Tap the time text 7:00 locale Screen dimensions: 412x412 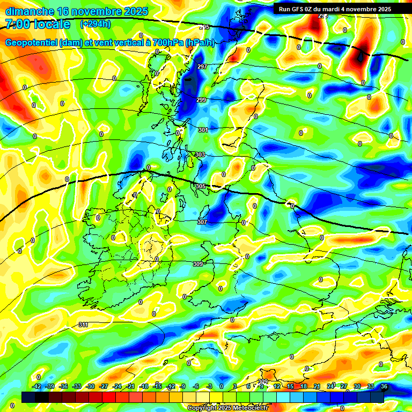coord(38,24)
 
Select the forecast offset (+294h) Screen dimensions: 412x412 coord(96,24)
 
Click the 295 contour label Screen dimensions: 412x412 coord(204,27)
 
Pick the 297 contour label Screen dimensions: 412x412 coord(202,67)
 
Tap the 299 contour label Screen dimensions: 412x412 coord(201,100)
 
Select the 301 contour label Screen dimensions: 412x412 coord(203,130)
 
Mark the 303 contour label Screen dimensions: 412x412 coord(200,154)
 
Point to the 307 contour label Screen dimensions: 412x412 coord(202,222)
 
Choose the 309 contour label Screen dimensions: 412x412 coord(197,264)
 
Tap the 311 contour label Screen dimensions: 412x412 coord(83,325)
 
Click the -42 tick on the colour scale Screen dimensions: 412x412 coord(37,386)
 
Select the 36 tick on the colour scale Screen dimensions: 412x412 coord(384,386)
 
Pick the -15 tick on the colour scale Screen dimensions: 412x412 coord(157,386)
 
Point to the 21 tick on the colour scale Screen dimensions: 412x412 coord(317,386)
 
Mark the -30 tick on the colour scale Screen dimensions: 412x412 coord(91,386)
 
